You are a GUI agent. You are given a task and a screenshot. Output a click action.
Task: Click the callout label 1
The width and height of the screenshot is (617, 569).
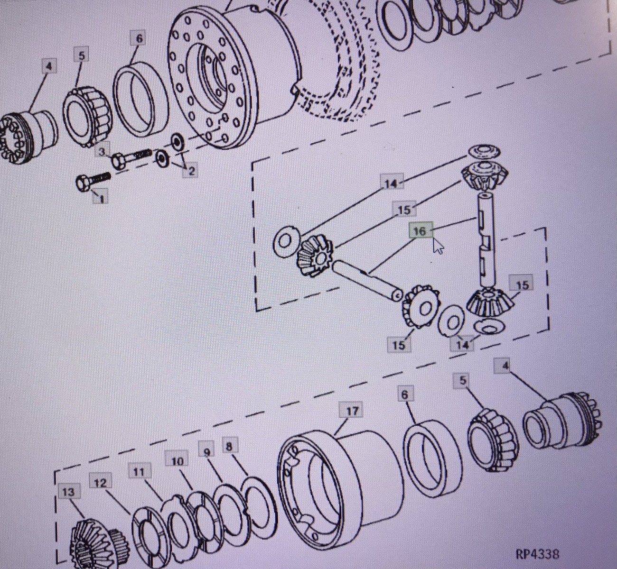pyautogui.click(x=101, y=196)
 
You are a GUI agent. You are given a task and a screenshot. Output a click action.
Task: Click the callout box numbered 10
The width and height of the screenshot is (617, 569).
pyautogui.click(x=177, y=462)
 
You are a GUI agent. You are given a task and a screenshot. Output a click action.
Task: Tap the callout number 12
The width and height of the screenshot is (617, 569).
pyautogui.click(x=100, y=483)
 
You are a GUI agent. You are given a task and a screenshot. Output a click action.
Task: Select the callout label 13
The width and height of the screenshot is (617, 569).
pyautogui.click(x=69, y=493)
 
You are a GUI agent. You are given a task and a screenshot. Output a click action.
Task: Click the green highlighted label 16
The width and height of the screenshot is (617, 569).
pyautogui.click(x=421, y=230)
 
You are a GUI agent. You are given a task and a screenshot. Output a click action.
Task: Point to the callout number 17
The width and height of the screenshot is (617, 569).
pyautogui.click(x=352, y=411)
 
